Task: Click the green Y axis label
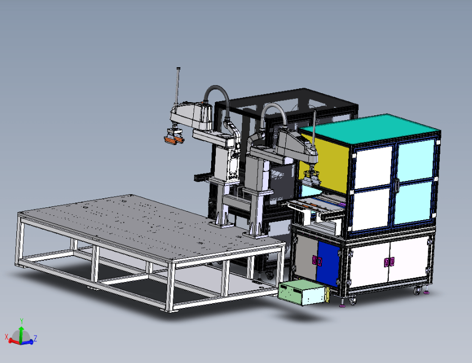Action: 21,321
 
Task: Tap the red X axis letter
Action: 6,337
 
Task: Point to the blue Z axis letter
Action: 35,338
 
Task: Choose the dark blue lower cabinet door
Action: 329,264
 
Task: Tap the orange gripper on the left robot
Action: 174,140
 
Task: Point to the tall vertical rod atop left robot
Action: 178,86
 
